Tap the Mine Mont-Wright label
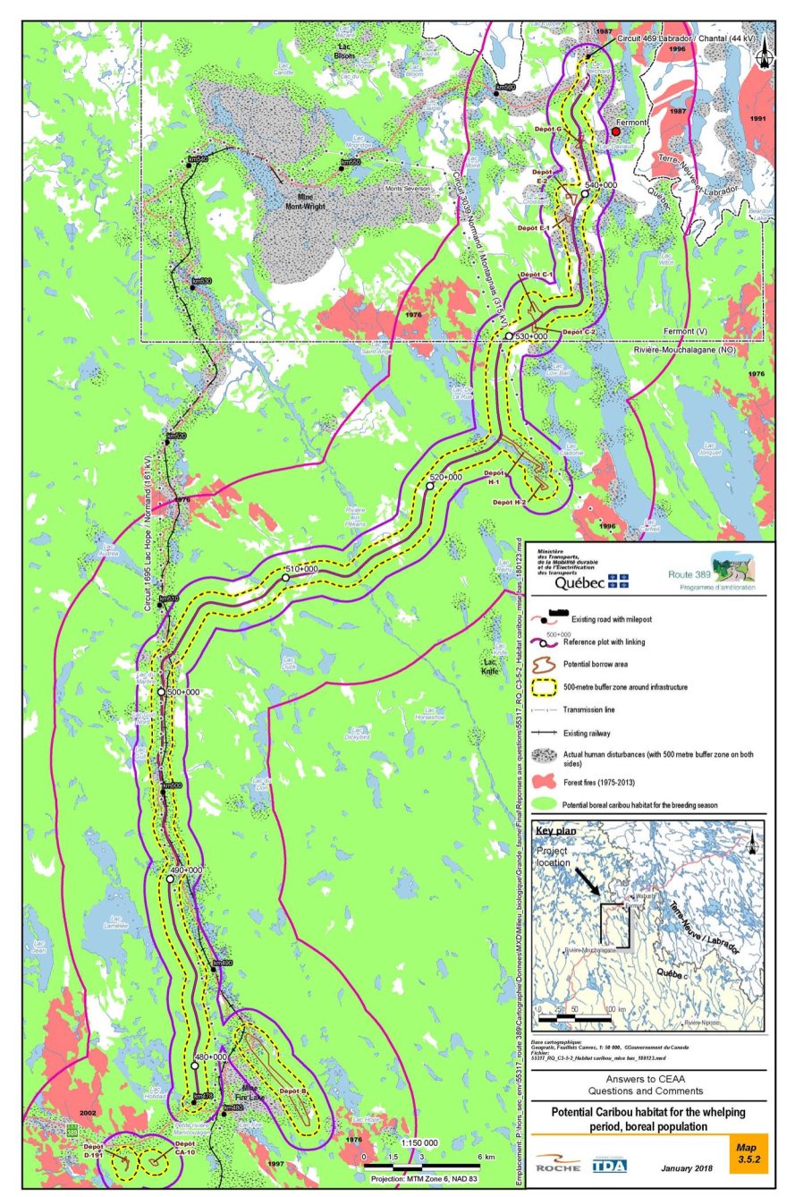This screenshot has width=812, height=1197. [305, 201]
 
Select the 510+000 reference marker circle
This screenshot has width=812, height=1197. [285, 578]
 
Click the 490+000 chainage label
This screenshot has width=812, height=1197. [187, 869]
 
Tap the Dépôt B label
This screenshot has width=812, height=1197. [292, 1091]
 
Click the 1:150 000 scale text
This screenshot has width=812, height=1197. [419, 1142]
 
